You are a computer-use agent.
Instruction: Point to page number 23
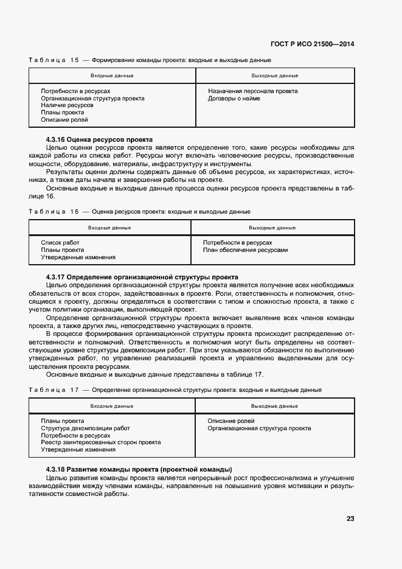[x=350, y=518]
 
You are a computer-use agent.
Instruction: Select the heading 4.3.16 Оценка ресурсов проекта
[x=99, y=140]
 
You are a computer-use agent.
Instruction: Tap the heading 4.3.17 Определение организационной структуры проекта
[x=142, y=276]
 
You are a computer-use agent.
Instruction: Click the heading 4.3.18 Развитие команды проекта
[x=139, y=469]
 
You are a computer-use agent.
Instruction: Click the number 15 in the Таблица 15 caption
[x=75, y=60]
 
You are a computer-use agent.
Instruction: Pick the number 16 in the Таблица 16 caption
[x=75, y=211]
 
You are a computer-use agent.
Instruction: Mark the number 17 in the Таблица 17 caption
[x=75, y=389]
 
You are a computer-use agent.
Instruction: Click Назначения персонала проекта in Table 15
[x=252, y=91]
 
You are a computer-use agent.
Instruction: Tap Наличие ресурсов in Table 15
[x=67, y=105]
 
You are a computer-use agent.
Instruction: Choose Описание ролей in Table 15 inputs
[x=64, y=120]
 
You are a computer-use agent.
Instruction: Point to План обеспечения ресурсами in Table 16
[x=245, y=250]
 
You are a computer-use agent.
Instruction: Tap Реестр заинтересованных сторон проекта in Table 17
[x=100, y=442]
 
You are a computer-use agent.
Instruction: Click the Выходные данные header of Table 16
[x=272, y=228]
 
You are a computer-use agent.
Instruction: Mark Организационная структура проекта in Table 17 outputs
[x=259, y=428]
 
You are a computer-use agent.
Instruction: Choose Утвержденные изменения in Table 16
[x=78, y=257]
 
